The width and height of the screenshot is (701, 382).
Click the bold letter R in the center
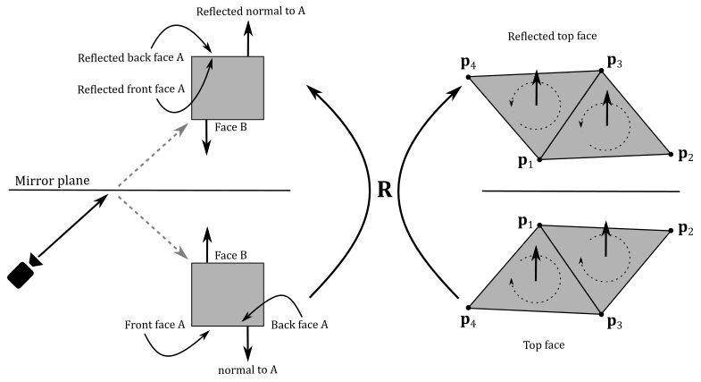(386, 191)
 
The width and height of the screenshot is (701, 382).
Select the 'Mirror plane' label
(52, 180)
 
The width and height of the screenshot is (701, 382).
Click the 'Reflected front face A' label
(130, 89)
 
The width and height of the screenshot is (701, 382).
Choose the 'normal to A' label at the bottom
(247, 369)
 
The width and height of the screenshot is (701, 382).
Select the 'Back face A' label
(299, 325)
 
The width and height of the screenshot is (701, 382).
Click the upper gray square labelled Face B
(228, 88)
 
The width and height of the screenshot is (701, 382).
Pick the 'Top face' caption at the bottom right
(544, 344)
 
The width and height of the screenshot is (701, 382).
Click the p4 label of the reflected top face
(467, 64)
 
